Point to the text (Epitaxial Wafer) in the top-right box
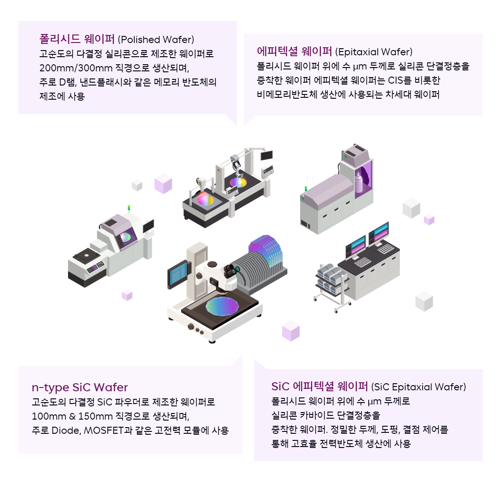pyautogui.click(x=373, y=52)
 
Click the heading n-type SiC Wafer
pyautogui.click(x=79, y=387)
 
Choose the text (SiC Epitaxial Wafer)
pyautogui.click(x=419, y=387)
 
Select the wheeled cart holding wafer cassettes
pyautogui.click(x=331, y=285)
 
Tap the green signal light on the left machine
pyautogui.click(x=129, y=208)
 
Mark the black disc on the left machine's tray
pyautogui.click(x=87, y=256)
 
